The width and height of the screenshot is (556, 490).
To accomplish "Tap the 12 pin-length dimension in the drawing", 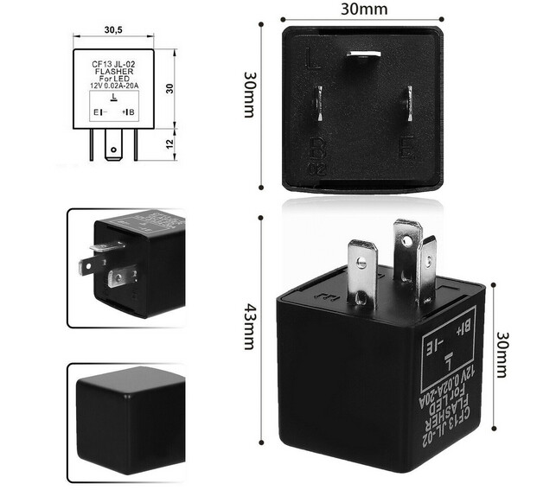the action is click(170, 142).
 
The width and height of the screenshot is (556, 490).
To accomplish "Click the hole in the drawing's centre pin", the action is click(112, 150).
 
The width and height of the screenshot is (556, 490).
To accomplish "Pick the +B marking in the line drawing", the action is click(129, 112).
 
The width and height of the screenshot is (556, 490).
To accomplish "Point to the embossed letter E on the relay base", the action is click(404, 148).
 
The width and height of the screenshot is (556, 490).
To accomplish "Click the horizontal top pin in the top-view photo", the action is click(362, 54).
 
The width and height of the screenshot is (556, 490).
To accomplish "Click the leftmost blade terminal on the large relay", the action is click(362, 271).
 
